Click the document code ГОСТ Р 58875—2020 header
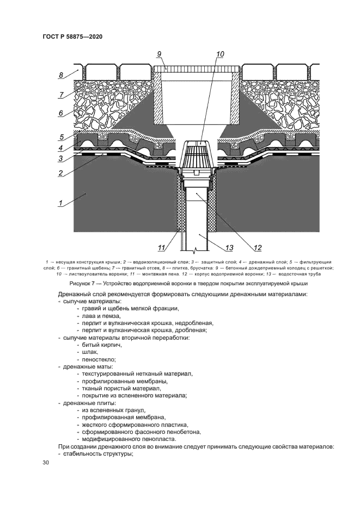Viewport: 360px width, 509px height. (72, 36)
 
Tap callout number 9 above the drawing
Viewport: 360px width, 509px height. (160, 54)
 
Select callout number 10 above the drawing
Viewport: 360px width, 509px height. (219, 54)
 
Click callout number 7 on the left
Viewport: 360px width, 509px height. (62, 95)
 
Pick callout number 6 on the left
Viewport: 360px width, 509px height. (62, 113)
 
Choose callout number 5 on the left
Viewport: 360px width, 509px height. (62, 137)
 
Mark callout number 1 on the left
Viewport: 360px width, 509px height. (62, 204)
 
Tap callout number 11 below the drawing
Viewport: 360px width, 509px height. (161, 248)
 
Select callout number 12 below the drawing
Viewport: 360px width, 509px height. (257, 248)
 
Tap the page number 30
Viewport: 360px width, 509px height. (46, 462)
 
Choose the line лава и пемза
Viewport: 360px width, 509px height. (101, 316)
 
